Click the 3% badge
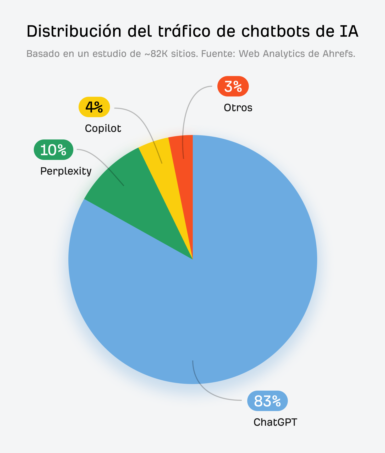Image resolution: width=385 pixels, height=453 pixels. tap(233, 86)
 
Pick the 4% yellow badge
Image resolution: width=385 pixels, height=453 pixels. tap(94, 107)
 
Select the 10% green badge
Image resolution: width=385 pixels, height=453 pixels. tap(53, 150)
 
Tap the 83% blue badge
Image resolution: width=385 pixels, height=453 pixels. tap(267, 401)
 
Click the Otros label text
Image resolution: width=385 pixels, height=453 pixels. tap(238, 108)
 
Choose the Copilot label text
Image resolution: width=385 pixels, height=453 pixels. tap(103, 128)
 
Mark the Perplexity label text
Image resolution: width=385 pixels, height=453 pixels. tap(66, 171)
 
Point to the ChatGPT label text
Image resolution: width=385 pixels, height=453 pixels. tap(275, 422)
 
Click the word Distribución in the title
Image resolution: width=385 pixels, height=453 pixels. tap(74, 31)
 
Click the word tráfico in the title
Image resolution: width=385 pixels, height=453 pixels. tap(184, 31)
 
